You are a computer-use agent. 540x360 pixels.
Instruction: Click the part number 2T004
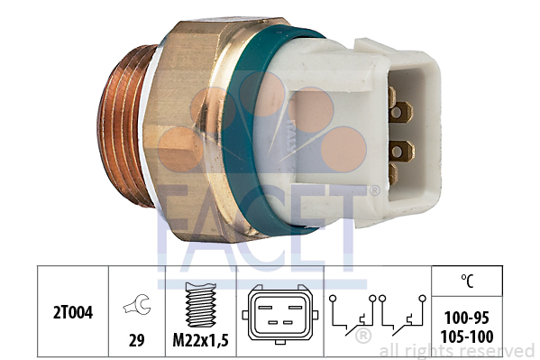[x=73, y=313]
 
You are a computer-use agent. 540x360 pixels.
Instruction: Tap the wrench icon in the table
[x=137, y=304]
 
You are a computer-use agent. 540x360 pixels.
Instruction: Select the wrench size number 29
[x=136, y=341]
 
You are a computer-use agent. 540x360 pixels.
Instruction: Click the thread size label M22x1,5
[x=200, y=341]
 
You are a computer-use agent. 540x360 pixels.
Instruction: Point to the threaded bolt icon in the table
[x=201, y=304]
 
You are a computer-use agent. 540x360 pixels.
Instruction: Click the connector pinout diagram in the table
[x=280, y=315]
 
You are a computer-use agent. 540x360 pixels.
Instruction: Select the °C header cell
[x=467, y=281]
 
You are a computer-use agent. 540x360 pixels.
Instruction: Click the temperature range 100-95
[x=467, y=318]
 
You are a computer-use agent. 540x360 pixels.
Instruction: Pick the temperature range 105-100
[x=467, y=337]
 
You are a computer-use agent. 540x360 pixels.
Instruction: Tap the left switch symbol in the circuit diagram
[x=352, y=315]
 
